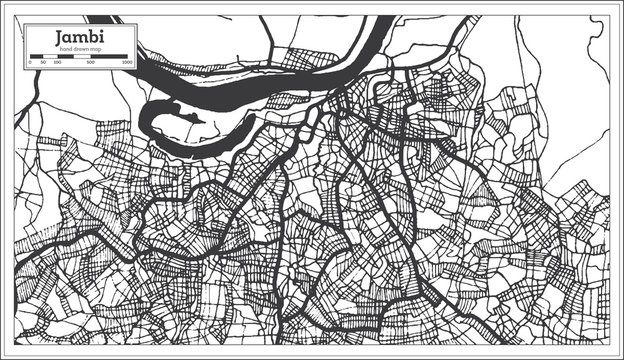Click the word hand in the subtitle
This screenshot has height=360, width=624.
point(64,49)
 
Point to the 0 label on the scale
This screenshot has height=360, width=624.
point(30,62)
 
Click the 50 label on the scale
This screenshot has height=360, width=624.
point(43,62)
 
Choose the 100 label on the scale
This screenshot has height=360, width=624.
point(56,62)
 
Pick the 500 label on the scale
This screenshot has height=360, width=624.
point(91,62)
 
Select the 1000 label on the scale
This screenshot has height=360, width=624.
point(127,62)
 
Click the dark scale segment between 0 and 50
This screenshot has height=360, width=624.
point(36,56)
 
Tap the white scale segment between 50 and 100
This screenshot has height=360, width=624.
point(49,56)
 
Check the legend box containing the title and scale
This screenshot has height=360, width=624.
point(80,45)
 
